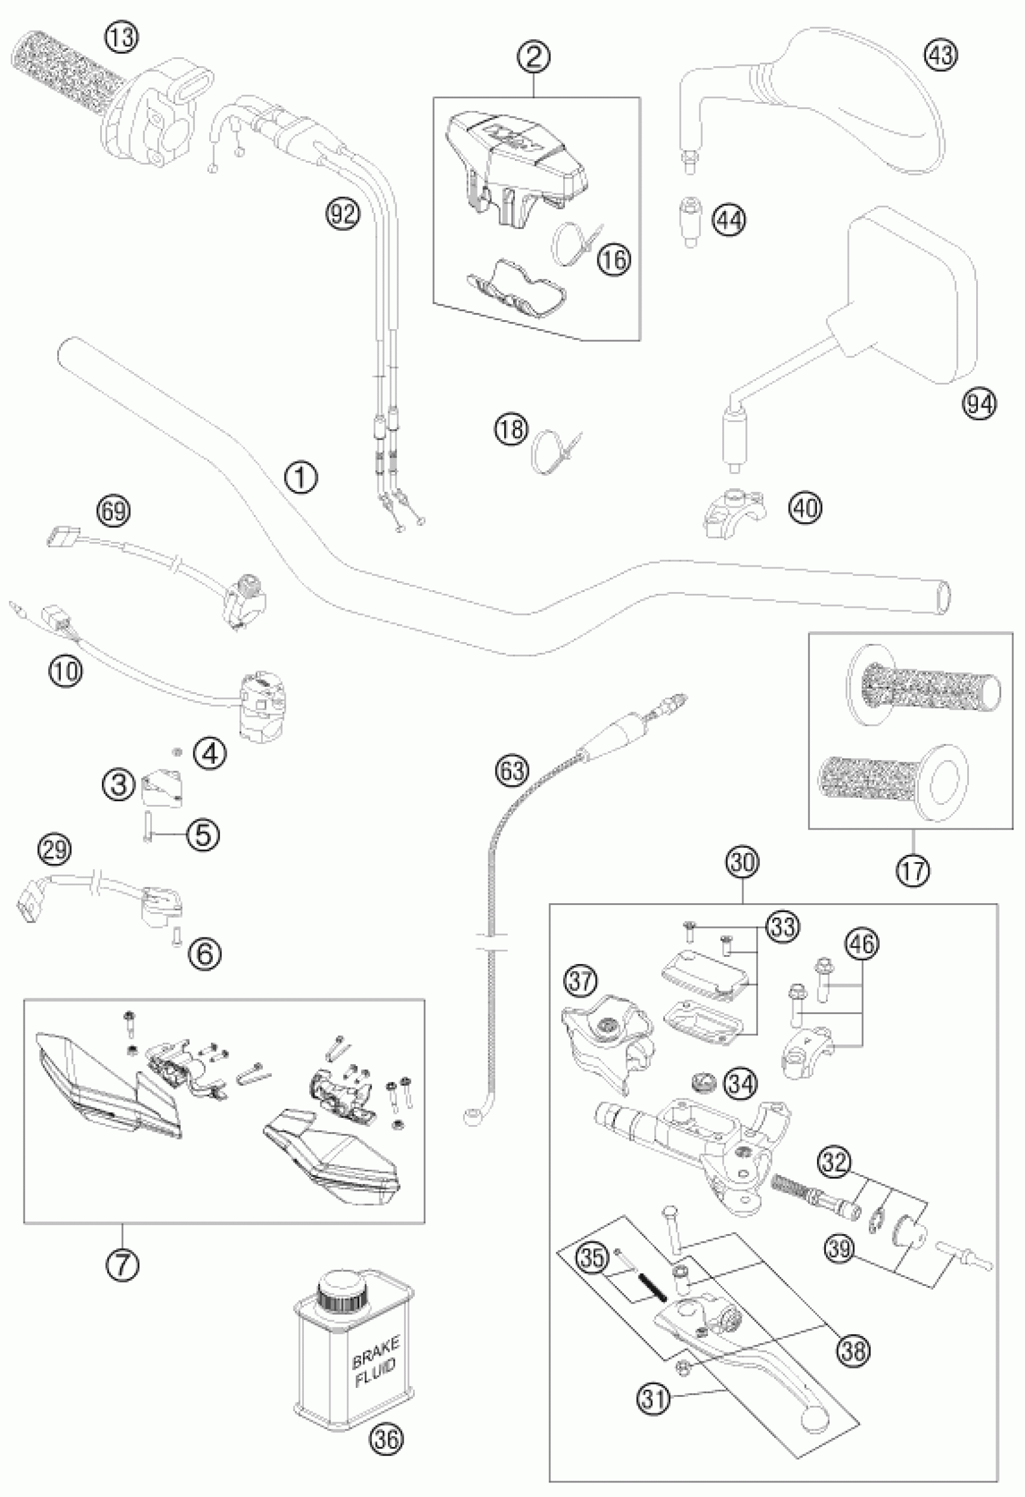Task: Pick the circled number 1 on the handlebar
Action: click(301, 478)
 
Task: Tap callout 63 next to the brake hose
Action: click(512, 770)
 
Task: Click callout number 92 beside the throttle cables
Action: click(342, 213)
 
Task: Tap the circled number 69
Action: click(112, 511)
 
